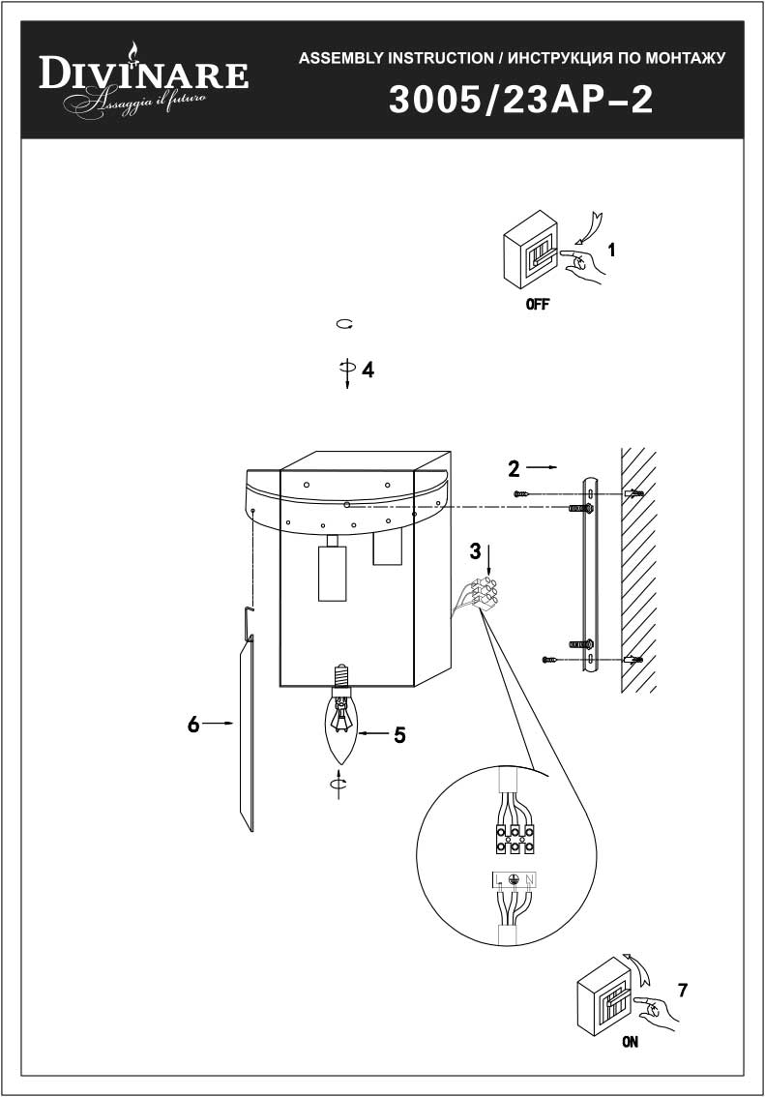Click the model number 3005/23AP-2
[x=521, y=100]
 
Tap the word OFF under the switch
[x=538, y=305]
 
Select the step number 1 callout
[x=612, y=250]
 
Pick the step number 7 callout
[x=683, y=990]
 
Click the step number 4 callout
[x=368, y=370]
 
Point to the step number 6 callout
[x=193, y=725]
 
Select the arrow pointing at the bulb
[x=371, y=733]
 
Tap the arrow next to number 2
[x=542, y=466]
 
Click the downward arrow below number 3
[x=488, y=564]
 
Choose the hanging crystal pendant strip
[x=246, y=734]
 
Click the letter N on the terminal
[x=529, y=879]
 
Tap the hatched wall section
[x=638, y=570]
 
